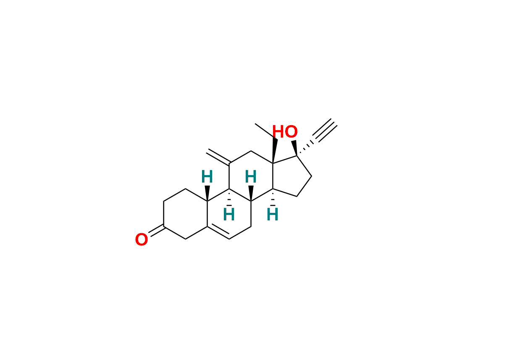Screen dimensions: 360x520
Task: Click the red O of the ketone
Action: coord(142,240)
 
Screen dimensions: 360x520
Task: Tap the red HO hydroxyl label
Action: coord(285,132)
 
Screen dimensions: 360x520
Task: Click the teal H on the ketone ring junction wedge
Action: coord(207,177)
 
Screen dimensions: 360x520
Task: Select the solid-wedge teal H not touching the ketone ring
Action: coord(251,177)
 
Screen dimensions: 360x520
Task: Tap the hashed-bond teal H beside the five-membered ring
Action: coord(273,215)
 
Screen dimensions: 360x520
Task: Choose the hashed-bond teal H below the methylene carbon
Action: coord(229,215)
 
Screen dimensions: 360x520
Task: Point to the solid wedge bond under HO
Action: coord(294,147)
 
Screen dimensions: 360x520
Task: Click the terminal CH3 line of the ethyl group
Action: coord(265,131)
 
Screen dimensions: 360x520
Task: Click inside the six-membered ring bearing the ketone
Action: coord(185,214)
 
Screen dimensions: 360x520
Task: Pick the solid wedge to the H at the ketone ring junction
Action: coord(207,193)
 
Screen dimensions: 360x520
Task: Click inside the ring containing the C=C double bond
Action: coord(229,214)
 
